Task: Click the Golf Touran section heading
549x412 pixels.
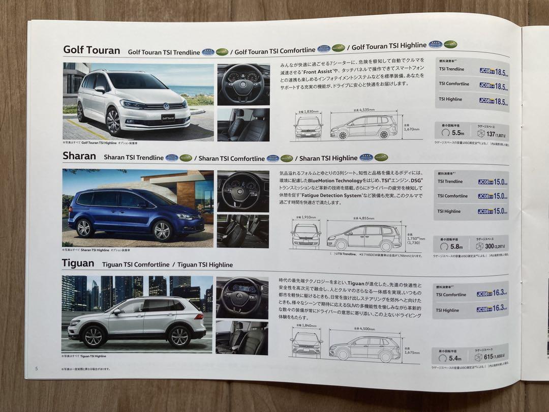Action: [x=91, y=50]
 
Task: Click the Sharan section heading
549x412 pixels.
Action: [x=79, y=156]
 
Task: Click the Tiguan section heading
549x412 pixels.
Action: [x=78, y=263]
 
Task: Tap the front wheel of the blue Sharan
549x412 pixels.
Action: [x=162, y=231]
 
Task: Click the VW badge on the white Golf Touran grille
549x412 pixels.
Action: [x=166, y=106]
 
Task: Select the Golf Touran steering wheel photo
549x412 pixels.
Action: [x=243, y=84]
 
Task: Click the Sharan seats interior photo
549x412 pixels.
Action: [x=243, y=231]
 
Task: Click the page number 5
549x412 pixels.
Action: [x=36, y=368]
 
